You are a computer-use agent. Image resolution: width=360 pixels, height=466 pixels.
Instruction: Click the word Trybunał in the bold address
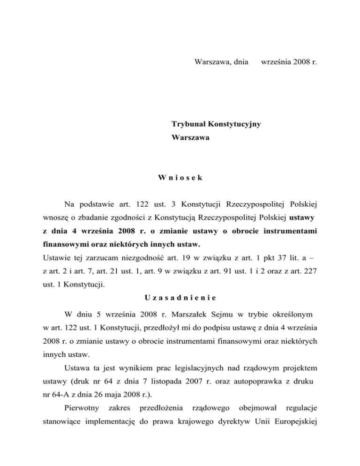[x=190, y=124]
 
